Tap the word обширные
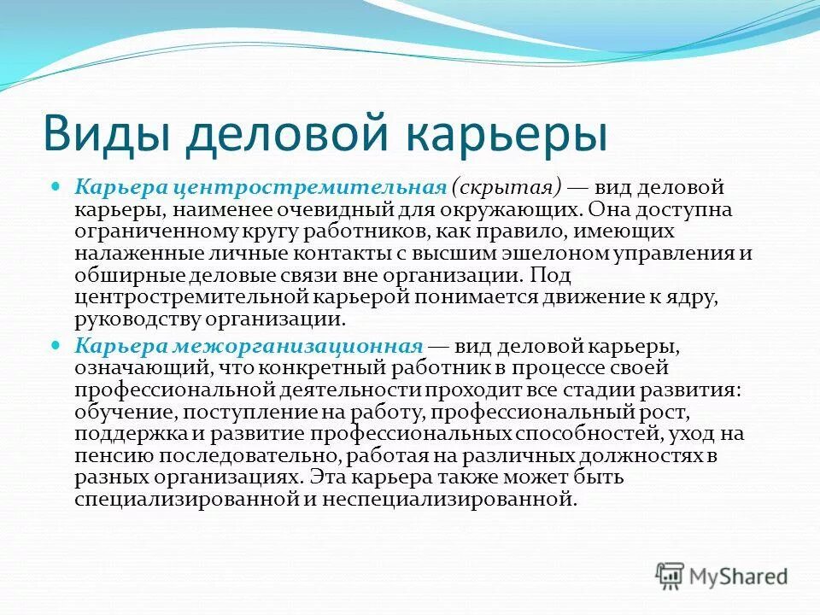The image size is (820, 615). (117, 276)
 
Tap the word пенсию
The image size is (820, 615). (104, 455)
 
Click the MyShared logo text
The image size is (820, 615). (738, 577)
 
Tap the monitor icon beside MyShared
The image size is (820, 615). (671, 577)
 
